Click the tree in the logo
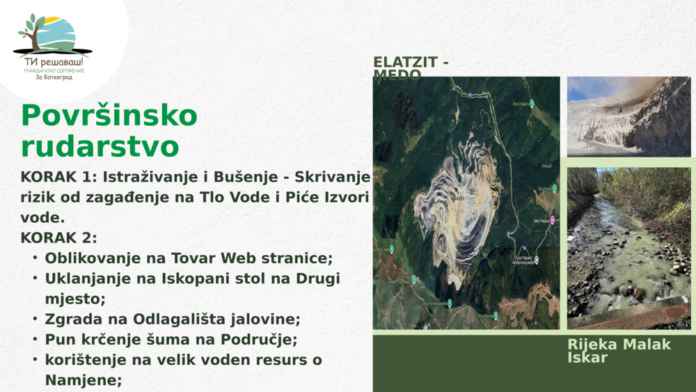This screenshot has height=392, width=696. click(31, 32)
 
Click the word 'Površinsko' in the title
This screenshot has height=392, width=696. click(109, 116)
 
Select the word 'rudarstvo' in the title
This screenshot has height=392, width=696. click(100, 147)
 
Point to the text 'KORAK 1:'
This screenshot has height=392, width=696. click(53, 178)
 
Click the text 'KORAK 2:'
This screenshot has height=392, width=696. click(58, 237)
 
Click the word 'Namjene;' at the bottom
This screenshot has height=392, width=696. click(84, 380)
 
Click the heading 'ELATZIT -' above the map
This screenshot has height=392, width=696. click(411, 63)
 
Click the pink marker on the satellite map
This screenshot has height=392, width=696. click(553, 220)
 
